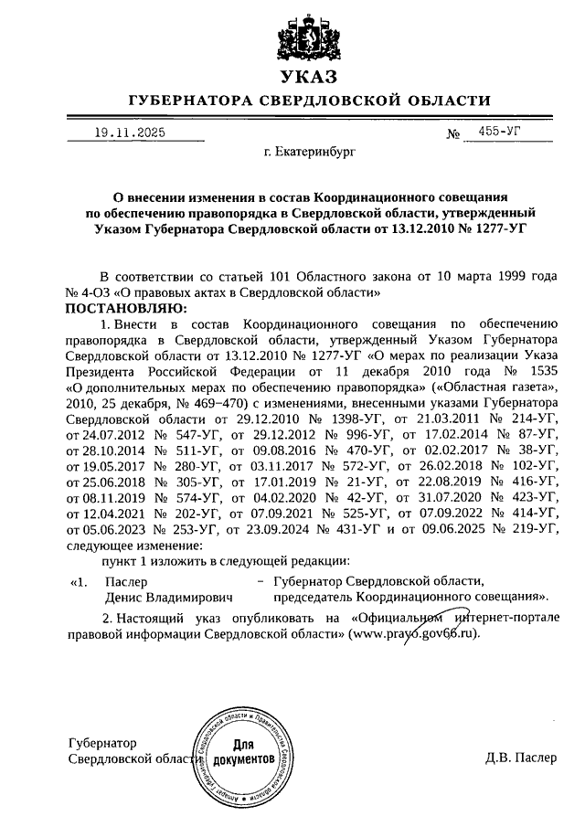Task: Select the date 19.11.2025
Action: pyautogui.click(x=130, y=133)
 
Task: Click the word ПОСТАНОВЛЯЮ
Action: pyautogui.click(x=125, y=309)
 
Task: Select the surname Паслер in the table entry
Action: pyautogui.click(x=124, y=581)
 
